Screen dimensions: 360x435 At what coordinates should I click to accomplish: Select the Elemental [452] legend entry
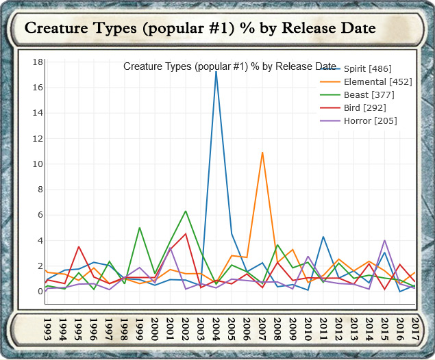[x=373, y=82]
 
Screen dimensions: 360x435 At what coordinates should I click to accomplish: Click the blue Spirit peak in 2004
[x=216, y=71]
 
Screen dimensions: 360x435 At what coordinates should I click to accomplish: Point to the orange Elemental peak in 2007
[x=262, y=152]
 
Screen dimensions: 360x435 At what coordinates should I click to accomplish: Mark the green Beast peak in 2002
[x=186, y=211]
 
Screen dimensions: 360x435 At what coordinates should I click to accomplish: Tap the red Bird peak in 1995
[x=79, y=246]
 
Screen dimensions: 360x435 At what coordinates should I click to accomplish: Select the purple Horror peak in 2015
[x=385, y=240]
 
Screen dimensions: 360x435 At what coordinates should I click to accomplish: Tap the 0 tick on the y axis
[x=40, y=292]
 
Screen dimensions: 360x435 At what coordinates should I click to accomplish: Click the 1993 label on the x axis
[x=47, y=330]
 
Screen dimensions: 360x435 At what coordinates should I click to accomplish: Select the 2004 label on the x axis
[x=216, y=330]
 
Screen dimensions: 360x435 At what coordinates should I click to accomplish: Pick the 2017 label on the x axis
[x=416, y=330]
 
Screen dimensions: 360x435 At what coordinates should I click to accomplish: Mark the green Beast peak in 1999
[x=140, y=228]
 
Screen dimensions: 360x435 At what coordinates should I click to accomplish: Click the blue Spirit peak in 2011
[x=323, y=237]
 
